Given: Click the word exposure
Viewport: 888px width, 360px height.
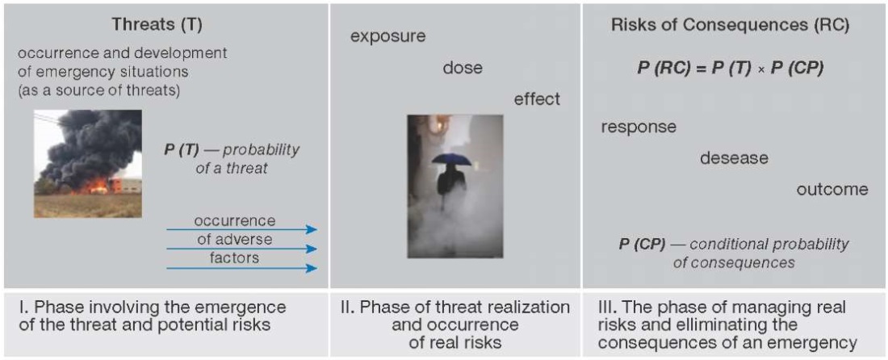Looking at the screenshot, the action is (388, 37).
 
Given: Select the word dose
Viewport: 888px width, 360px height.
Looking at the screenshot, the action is (463, 69).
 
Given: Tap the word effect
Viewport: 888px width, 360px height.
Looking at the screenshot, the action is (537, 99).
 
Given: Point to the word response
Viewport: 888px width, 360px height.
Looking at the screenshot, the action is (639, 128).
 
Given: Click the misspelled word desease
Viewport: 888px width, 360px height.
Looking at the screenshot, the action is (734, 158).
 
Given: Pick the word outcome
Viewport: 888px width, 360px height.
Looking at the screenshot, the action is (832, 190).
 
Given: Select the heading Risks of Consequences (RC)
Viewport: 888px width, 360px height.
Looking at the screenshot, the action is (731, 26).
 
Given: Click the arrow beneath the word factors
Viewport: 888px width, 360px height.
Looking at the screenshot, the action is (241, 268).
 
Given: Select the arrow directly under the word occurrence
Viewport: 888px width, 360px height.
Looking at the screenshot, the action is (241, 229).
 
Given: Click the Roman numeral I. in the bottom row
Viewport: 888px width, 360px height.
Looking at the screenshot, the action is (22, 308).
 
